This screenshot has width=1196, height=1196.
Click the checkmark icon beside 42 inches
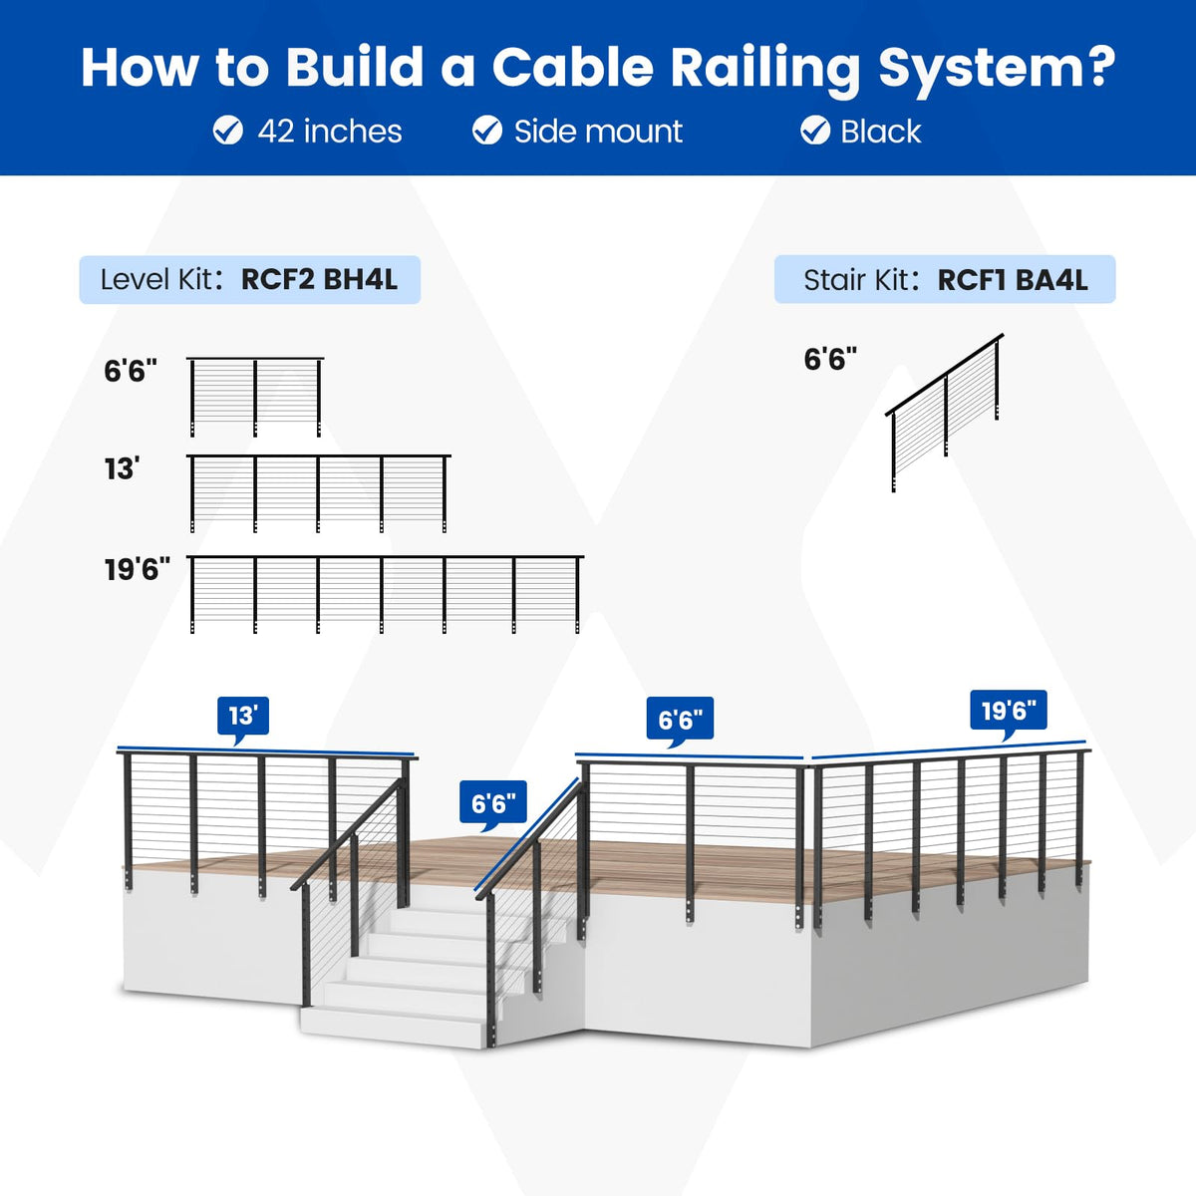point(228,131)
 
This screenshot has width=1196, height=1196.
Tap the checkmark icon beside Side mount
point(487,131)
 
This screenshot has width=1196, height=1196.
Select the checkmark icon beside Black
point(815,131)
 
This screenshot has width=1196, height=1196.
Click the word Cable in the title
point(572,67)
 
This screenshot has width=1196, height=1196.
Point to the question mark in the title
point(1095,67)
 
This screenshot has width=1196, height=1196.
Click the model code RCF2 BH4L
point(319,279)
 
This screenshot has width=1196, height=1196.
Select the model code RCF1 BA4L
point(1013,280)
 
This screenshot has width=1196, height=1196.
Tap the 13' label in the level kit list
point(121,469)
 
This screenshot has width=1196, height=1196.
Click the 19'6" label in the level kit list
point(138,569)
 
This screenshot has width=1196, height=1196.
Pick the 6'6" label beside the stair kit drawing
point(830,360)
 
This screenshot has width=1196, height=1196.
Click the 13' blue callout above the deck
point(242,718)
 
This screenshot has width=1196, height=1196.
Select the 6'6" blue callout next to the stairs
point(492,803)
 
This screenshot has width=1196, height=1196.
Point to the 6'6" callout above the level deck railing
point(681,720)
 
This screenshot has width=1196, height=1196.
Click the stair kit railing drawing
point(945,413)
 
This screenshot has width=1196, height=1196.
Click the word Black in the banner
point(881,132)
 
